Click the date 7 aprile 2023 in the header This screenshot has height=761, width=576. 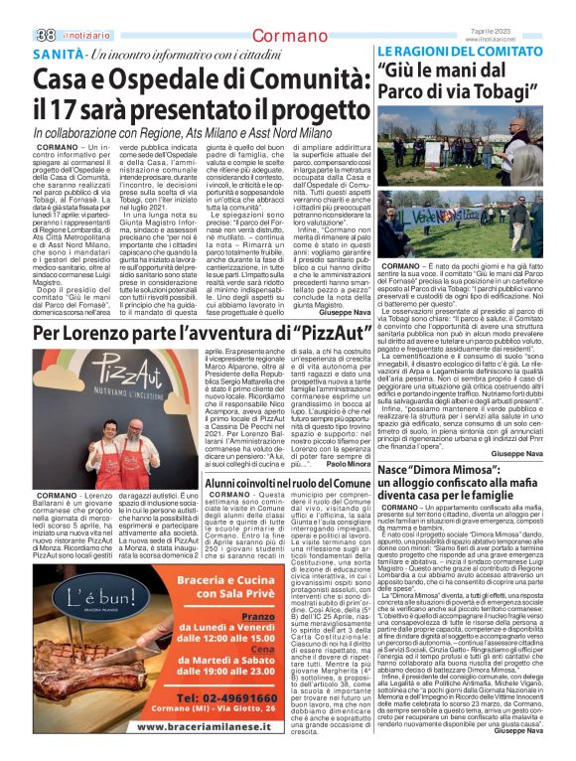(x=541, y=7)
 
